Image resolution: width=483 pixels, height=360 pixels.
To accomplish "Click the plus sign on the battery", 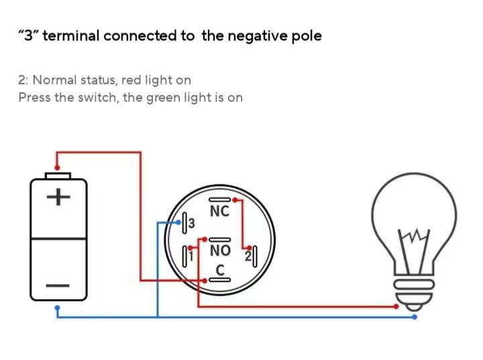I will coord(58,197).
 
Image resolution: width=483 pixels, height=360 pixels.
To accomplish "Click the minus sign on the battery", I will coord(58,286).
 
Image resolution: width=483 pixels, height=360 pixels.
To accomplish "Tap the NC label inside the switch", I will coord(219,211).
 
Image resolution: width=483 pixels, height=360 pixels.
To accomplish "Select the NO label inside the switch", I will coord(220,251).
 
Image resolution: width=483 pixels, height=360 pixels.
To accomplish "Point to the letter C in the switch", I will coord(219,270).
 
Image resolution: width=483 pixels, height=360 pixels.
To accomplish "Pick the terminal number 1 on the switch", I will coord(191,256).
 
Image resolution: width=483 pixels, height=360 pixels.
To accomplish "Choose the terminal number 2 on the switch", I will coord(247,256).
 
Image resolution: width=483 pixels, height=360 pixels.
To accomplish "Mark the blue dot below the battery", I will coord(58,308).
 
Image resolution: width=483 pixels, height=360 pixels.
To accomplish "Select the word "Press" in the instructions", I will coord(34,98).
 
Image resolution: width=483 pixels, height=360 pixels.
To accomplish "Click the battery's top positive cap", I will coord(58,176).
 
